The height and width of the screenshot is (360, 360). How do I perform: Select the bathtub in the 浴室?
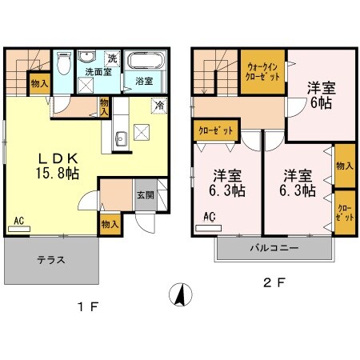click(146, 63)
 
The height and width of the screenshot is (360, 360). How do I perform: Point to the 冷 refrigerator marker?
click(159, 106)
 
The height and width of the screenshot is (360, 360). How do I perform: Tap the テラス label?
click(51, 260)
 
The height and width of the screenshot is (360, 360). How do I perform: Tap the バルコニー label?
click(274, 249)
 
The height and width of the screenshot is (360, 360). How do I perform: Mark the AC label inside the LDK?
click(17, 220)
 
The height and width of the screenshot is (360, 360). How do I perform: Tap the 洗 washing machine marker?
click(112, 58)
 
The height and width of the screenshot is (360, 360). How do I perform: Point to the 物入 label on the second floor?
click(345, 166)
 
